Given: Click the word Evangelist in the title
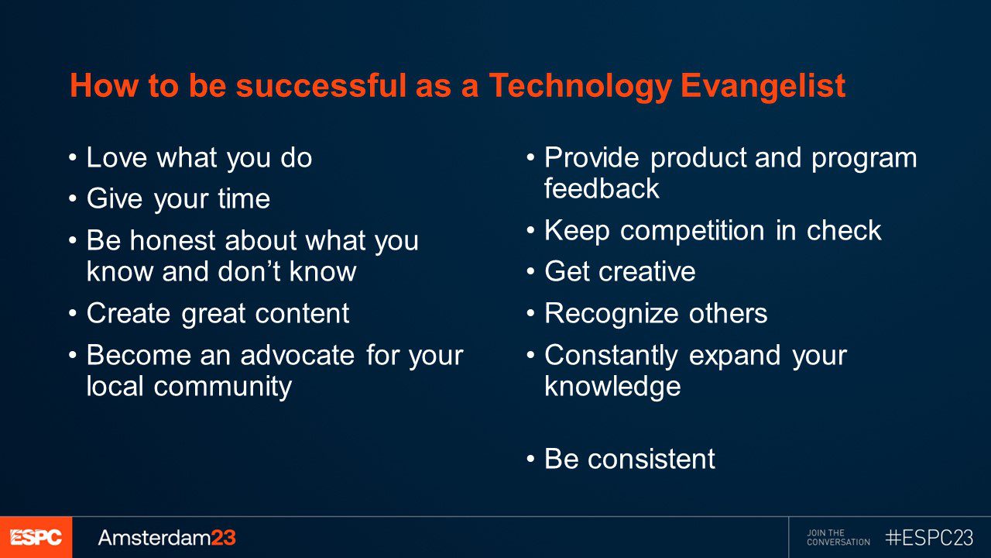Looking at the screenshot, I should click(763, 87).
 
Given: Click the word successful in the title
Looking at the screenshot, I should click(321, 87).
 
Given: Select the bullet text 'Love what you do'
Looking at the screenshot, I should click(199, 158).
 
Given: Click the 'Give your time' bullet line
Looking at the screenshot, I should click(178, 199).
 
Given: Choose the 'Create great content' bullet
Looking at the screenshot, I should click(218, 313).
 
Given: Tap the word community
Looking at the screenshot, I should click(222, 386).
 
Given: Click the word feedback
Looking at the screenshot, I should click(602, 189).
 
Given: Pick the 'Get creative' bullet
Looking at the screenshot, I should click(619, 272).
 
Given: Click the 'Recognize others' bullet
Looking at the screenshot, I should click(656, 313).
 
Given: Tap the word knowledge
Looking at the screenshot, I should click(612, 386).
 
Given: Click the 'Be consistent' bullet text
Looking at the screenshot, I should click(629, 459).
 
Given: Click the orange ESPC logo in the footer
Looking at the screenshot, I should click(36, 537).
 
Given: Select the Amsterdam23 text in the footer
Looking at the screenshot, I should click(166, 537).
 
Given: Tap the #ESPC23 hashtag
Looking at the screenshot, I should click(929, 537).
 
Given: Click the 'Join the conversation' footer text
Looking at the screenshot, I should click(838, 537).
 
